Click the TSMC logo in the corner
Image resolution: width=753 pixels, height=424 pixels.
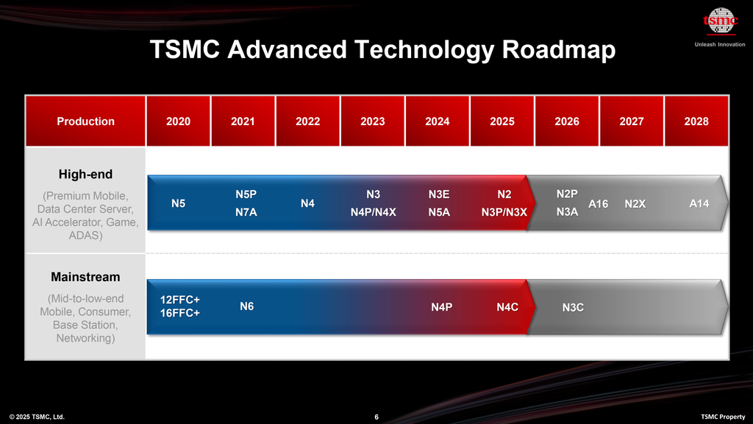[x=720, y=22]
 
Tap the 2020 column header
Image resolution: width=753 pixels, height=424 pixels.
[x=178, y=121]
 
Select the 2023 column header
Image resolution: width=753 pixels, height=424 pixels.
[x=372, y=121]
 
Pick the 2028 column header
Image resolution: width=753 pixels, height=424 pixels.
[x=696, y=121]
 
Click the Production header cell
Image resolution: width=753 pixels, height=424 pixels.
[x=86, y=121]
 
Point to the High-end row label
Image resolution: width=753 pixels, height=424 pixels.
[x=86, y=174]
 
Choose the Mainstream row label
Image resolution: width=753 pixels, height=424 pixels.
[x=85, y=278]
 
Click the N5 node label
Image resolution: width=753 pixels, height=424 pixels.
[x=178, y=204]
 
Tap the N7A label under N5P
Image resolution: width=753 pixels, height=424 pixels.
[x=246, y=213]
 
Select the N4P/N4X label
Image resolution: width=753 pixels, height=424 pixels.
[x=373, y=213]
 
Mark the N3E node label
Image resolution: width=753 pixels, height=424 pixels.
[x=438, y=194]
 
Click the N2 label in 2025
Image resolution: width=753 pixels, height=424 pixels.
[x=504, y=194]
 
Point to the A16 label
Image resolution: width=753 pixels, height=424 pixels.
[x=599, y=204]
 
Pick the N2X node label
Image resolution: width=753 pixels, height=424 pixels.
[x=635, y=204]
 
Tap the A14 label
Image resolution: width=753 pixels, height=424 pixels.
[x=699, y=204]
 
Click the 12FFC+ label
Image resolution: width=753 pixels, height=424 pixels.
[x=180, y=300]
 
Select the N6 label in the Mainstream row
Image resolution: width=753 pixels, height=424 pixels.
[x=247, y=306]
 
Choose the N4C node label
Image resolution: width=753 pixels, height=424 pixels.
[x=507, y=307]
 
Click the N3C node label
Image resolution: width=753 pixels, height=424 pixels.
[x=573, y=307]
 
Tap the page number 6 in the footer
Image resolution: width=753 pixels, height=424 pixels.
[x=376, y=417]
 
